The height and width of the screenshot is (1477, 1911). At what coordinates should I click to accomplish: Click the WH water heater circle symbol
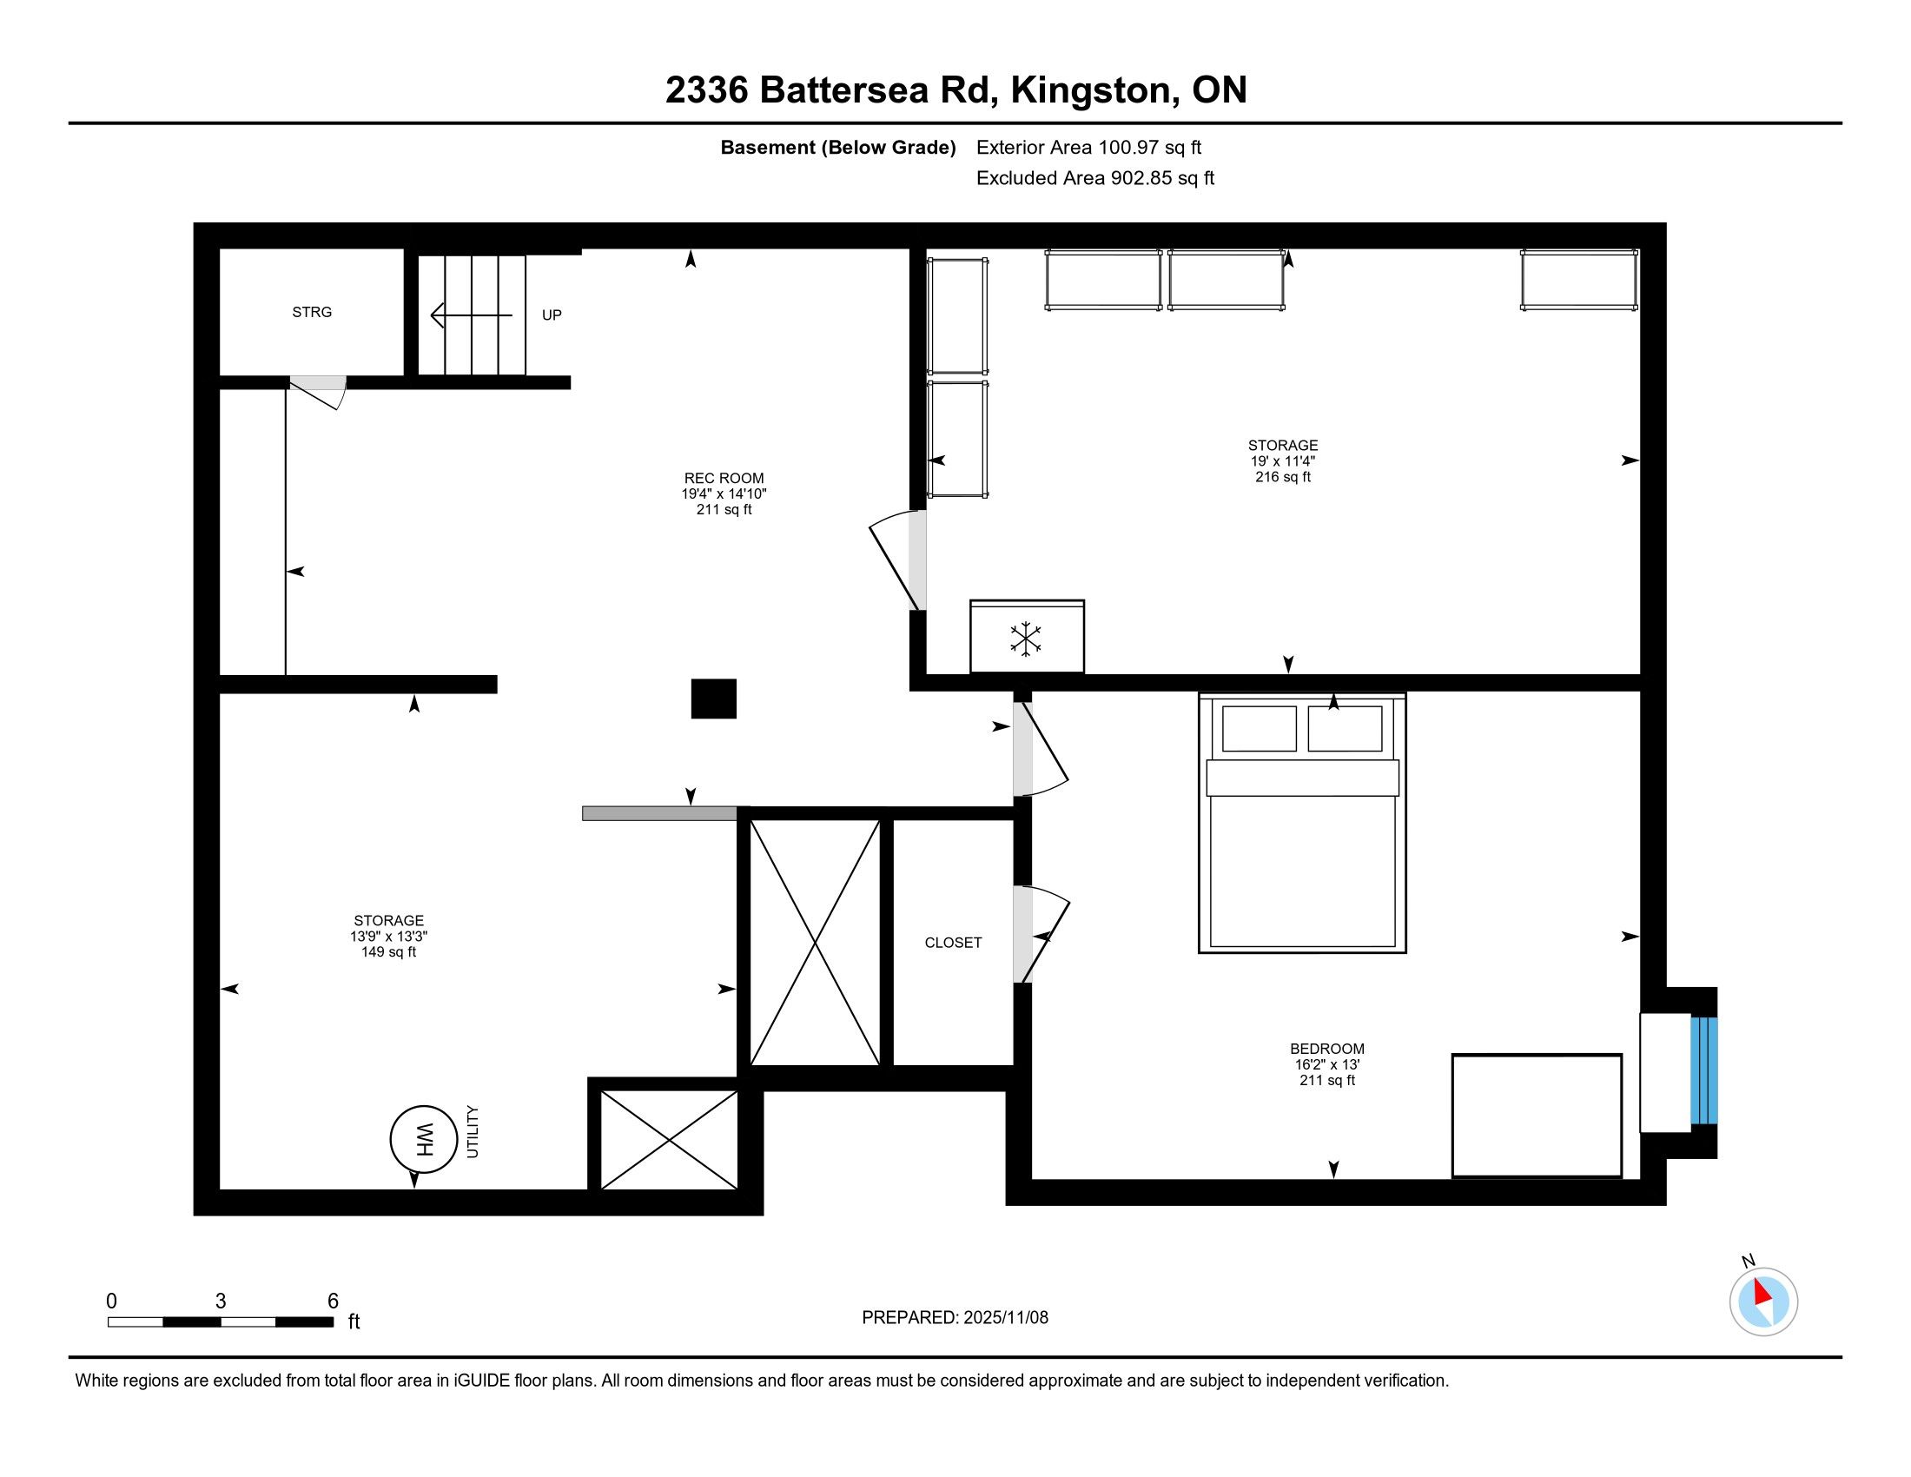(x=424, y=1139)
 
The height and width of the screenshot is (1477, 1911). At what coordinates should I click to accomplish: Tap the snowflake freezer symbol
(x=1026, y=639)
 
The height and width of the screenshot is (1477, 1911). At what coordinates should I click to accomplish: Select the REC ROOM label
(x=724, y=478)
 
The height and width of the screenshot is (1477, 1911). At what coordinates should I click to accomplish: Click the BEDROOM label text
(x=1326, y=1049)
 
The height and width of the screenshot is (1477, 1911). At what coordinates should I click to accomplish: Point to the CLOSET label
(x=953, y=943)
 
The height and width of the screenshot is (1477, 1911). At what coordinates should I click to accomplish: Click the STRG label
(x=312, y=313)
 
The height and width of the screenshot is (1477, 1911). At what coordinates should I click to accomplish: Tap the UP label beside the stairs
(x=552, y=315)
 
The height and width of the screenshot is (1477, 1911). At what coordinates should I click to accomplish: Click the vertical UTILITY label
(x=473, y=1131)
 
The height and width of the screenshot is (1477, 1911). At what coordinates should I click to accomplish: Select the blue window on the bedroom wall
(x=1703, y=1070)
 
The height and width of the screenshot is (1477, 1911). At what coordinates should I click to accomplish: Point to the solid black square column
(x=713, y=699)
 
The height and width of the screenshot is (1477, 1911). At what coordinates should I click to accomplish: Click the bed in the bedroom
(x=1302, y=823)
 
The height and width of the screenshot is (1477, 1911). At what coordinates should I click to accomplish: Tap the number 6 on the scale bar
(x=333, y=1301)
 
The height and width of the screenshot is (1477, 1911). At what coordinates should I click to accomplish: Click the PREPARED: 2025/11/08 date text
(x=955, y=1317)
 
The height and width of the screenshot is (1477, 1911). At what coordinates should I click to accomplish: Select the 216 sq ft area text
(x=1283, y=477)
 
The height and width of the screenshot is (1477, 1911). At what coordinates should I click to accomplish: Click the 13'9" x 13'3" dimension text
(x=388, y=937)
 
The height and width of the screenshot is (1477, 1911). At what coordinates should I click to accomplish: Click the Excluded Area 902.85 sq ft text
(x=1094, y=178)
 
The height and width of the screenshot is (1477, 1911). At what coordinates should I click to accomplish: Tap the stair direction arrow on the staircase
(x=472, y=315)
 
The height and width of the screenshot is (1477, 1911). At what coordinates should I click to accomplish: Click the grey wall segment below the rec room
(x=660, y=813)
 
